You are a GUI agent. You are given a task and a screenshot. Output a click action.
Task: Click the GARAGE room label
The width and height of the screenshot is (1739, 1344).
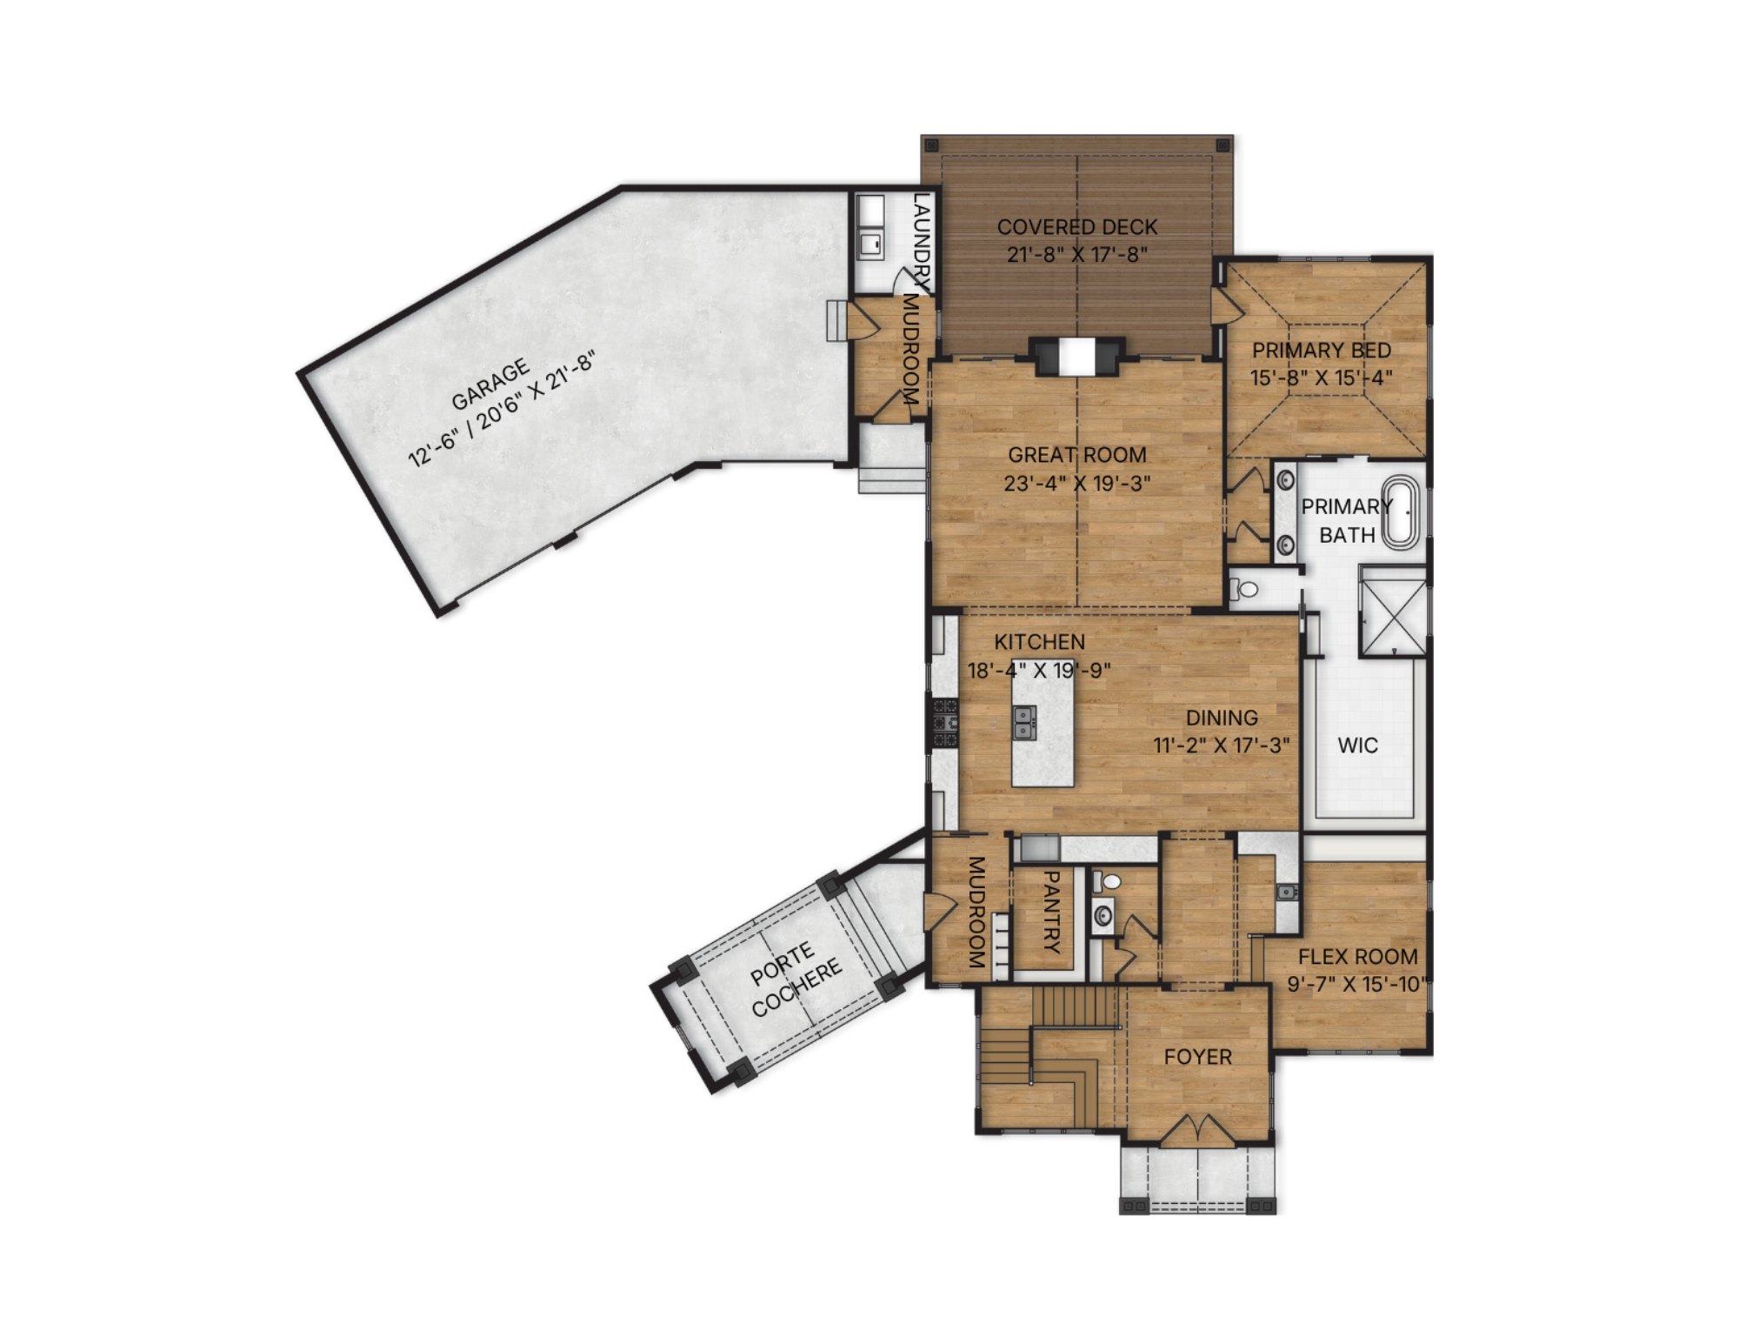pyautogui.click(x=490, y=384)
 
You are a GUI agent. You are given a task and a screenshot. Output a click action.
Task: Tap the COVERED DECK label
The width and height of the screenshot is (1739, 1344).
pyautogui.click(x=1077, y=227)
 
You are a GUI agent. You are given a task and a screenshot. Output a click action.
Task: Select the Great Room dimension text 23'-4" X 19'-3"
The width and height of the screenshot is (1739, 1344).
pyautogui.click(x=1077, y=483)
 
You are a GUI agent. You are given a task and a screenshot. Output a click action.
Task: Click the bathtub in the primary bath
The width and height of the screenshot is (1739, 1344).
pyautogui.click(x=1401, y=512)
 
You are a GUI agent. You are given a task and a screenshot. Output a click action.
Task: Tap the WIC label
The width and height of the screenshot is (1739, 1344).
pyautogui.click(x=1357, y=746)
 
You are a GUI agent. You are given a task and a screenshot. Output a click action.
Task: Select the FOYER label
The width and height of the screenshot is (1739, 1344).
pyautogui.click(x=1197, y=1057)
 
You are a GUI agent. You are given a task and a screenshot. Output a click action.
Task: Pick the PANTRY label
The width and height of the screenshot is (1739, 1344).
pyautogui.click(x=1050, y=912)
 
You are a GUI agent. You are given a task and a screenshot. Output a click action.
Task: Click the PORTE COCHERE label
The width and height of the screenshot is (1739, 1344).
pyautogui.click(x=796, y=979)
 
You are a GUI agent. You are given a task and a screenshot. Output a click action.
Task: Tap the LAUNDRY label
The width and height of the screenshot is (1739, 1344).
pyautogui.click(x=922, y=244)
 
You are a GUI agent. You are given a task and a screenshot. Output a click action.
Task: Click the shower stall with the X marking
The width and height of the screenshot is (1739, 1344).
pyautogui.click(x=1393, y=610)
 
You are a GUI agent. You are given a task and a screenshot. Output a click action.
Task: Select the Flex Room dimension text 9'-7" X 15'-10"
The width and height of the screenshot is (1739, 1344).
pyautogui.click(x=1357, y=984)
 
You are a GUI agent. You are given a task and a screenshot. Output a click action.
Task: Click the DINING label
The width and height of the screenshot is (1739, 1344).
pyautogui.click(x=1222, y=718)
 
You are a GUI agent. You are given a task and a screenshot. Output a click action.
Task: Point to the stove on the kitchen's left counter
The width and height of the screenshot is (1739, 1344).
pyautogui.click(x=945, y=722)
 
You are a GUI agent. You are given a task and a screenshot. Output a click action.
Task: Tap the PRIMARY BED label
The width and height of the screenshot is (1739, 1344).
pyautogui.click(x=1322, y=351)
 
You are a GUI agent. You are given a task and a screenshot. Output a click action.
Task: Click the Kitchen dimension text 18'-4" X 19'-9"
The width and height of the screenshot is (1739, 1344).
pyautogui.click(x=1039, y=670)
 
